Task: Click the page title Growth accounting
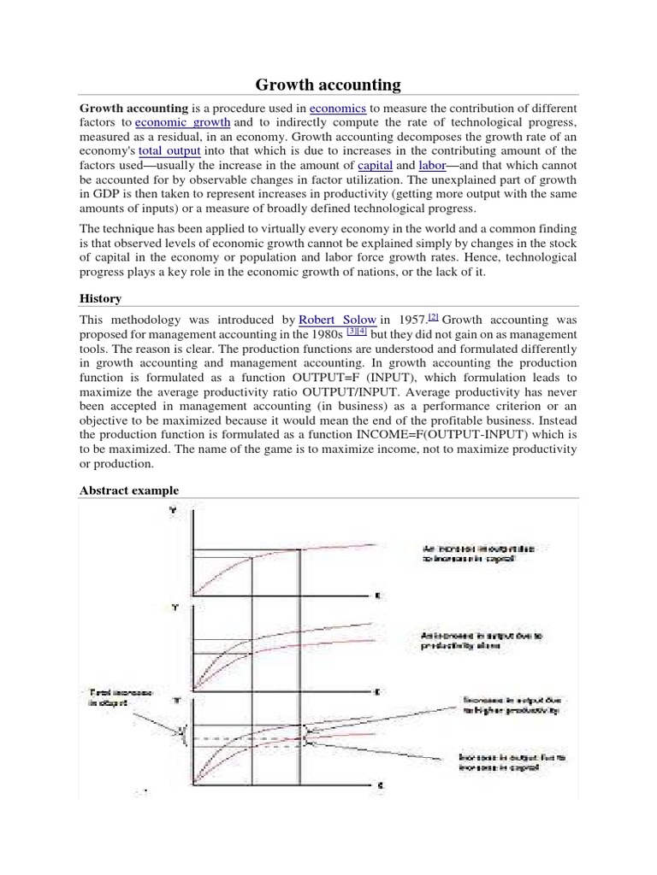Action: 328,84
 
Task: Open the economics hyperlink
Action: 337,109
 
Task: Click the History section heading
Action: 100,298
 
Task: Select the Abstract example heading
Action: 129,490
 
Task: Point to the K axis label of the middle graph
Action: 376,691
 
